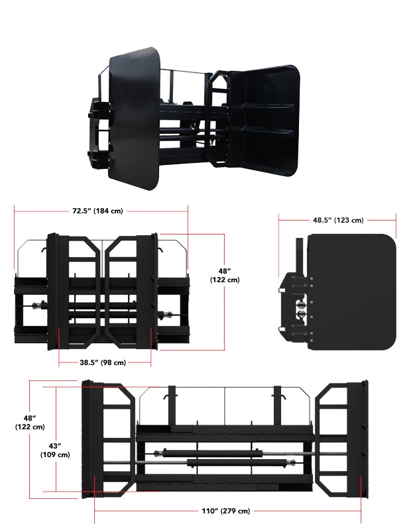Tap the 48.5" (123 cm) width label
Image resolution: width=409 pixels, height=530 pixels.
[x=338, y=220]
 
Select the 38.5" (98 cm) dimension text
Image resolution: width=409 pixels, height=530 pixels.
[x=103, y=362]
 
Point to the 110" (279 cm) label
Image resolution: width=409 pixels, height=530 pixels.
[x=226, y=511]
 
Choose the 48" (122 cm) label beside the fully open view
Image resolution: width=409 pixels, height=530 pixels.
[x=29, y=422]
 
